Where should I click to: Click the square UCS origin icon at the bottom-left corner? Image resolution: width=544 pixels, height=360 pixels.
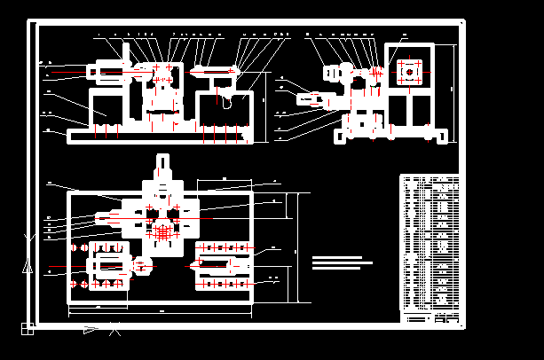click(28, 330)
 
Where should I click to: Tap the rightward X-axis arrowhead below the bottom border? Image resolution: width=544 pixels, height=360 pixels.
click(91, 330)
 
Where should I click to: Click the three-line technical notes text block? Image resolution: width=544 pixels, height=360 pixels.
click(339, 262)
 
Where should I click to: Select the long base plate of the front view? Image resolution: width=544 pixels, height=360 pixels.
click(160, 134)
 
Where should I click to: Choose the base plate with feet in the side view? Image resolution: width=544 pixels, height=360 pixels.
click(390, 134)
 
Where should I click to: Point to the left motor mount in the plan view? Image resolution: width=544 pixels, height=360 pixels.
click(105, 264)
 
